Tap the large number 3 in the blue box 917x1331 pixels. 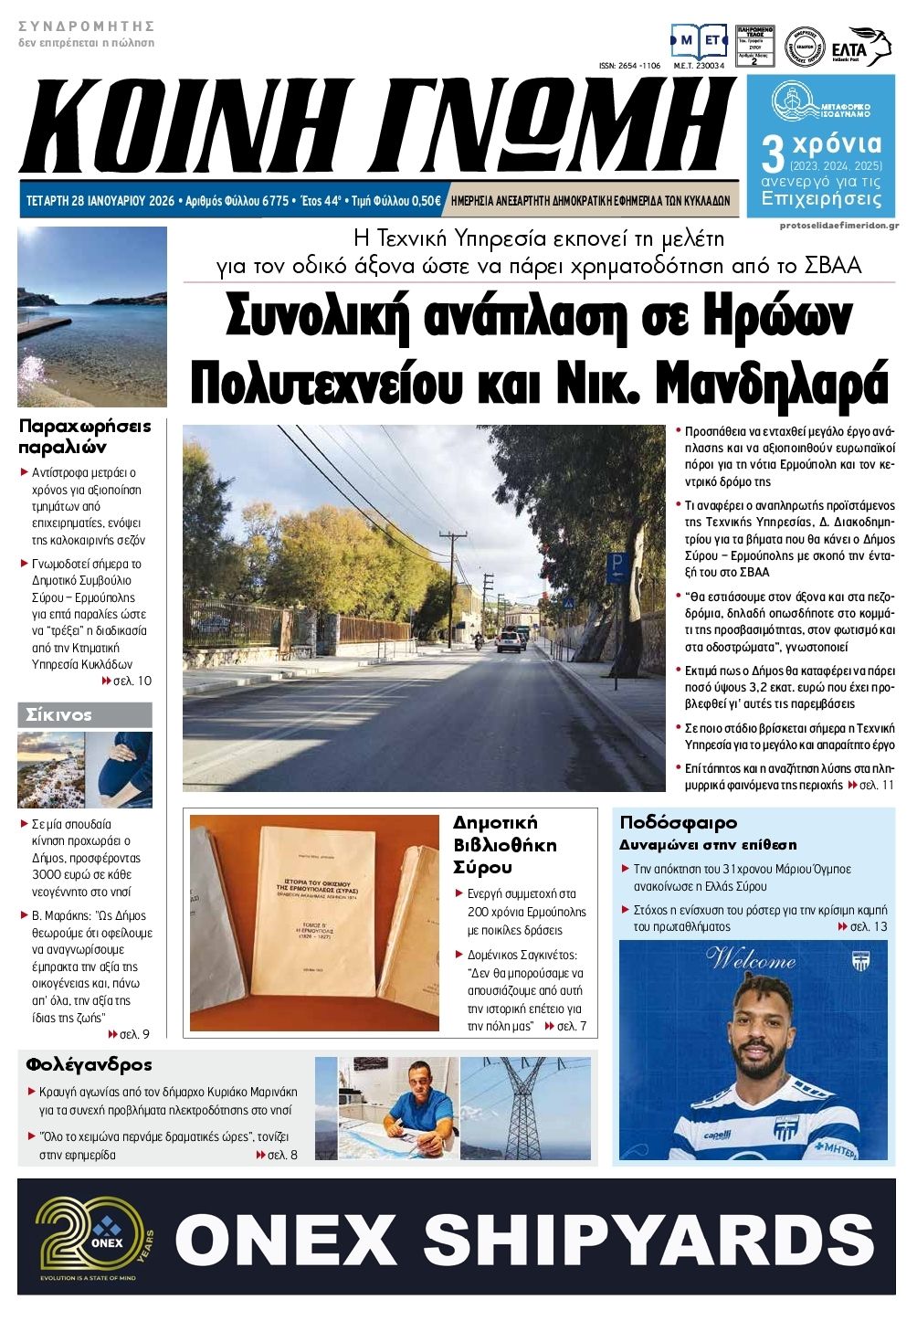pyautogui.click(x=773, y=154)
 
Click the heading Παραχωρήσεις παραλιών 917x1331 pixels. pyautogui.click(x=85, y=437)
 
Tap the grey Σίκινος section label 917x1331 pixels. pyautogui.click(x=84, y=714)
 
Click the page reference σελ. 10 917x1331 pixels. pyautogui.click(x=132, y=681)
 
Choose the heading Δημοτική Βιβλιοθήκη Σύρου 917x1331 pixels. pyautogui.click(x=504, y=845)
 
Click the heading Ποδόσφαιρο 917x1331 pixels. pyautogui.click(x=678, y=822)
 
